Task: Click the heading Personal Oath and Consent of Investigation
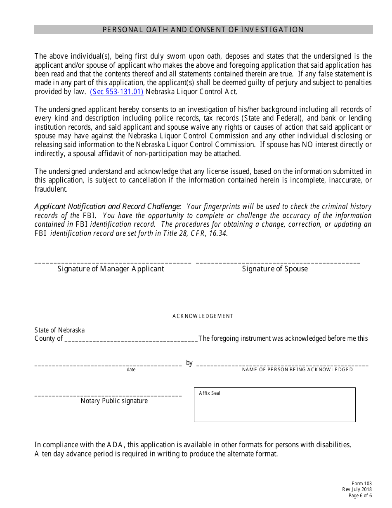point(203,30)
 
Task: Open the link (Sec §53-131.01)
point(116,92)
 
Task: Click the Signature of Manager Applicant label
point(111,269)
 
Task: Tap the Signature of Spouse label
point(275,269)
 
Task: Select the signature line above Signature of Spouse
point(278,263)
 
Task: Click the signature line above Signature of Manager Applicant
point(113,263)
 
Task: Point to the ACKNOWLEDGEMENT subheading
point(203,316)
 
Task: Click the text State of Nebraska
point(59,330)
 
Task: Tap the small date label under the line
point(131,370)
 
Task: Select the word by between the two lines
point(189,363)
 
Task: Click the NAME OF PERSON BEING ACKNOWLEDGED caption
point(297,370)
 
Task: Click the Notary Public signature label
point(114,401)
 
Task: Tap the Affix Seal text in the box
point(209,393)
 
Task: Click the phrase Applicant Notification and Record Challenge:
point(108,207)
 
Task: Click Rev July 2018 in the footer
point(357,490)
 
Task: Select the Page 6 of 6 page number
point(360,496)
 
